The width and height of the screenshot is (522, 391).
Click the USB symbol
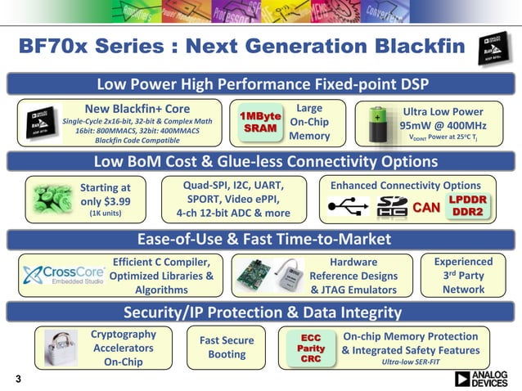(347, 209)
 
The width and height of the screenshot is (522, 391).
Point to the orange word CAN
(425, 208)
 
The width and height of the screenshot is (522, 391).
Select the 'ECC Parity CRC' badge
(311, 348)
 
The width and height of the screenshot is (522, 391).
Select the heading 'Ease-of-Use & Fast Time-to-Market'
(260, 239)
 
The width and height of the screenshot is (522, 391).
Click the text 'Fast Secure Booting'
(227, 348)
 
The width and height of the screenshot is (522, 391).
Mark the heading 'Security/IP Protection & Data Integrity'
(261, 312)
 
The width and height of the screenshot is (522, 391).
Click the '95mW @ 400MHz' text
(443, 126)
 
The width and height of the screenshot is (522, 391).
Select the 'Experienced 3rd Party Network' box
(463, 276)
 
